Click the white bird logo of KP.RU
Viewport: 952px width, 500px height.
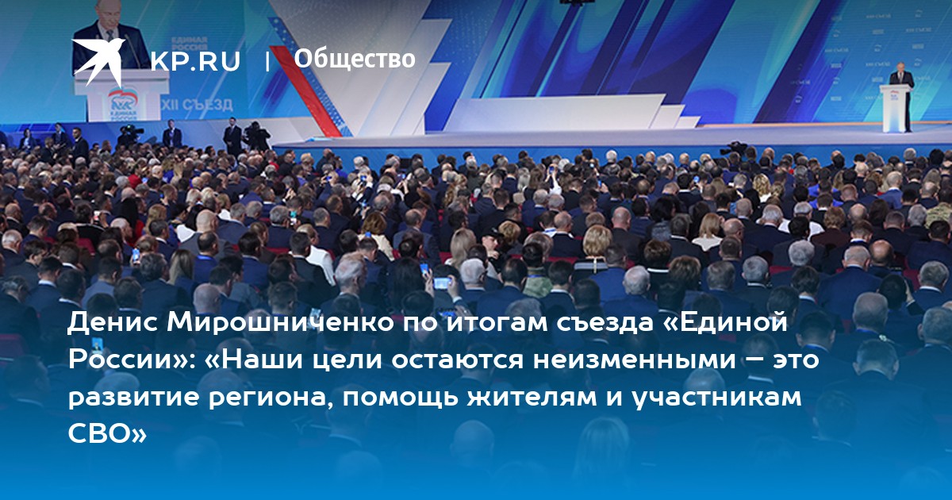[x=98, y=61]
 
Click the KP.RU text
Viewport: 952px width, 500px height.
[x=195, y=61]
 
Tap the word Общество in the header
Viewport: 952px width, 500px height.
[x=355, y=59]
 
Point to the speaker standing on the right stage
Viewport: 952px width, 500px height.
[x=901, y=97]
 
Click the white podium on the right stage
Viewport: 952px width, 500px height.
[x=896, y=108]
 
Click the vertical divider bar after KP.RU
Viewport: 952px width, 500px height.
[x=267, y=61]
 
